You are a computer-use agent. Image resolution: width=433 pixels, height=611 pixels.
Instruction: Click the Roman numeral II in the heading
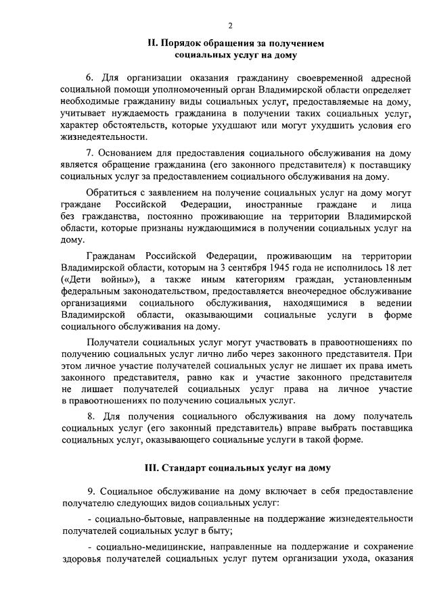click(x=153, y=43)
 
